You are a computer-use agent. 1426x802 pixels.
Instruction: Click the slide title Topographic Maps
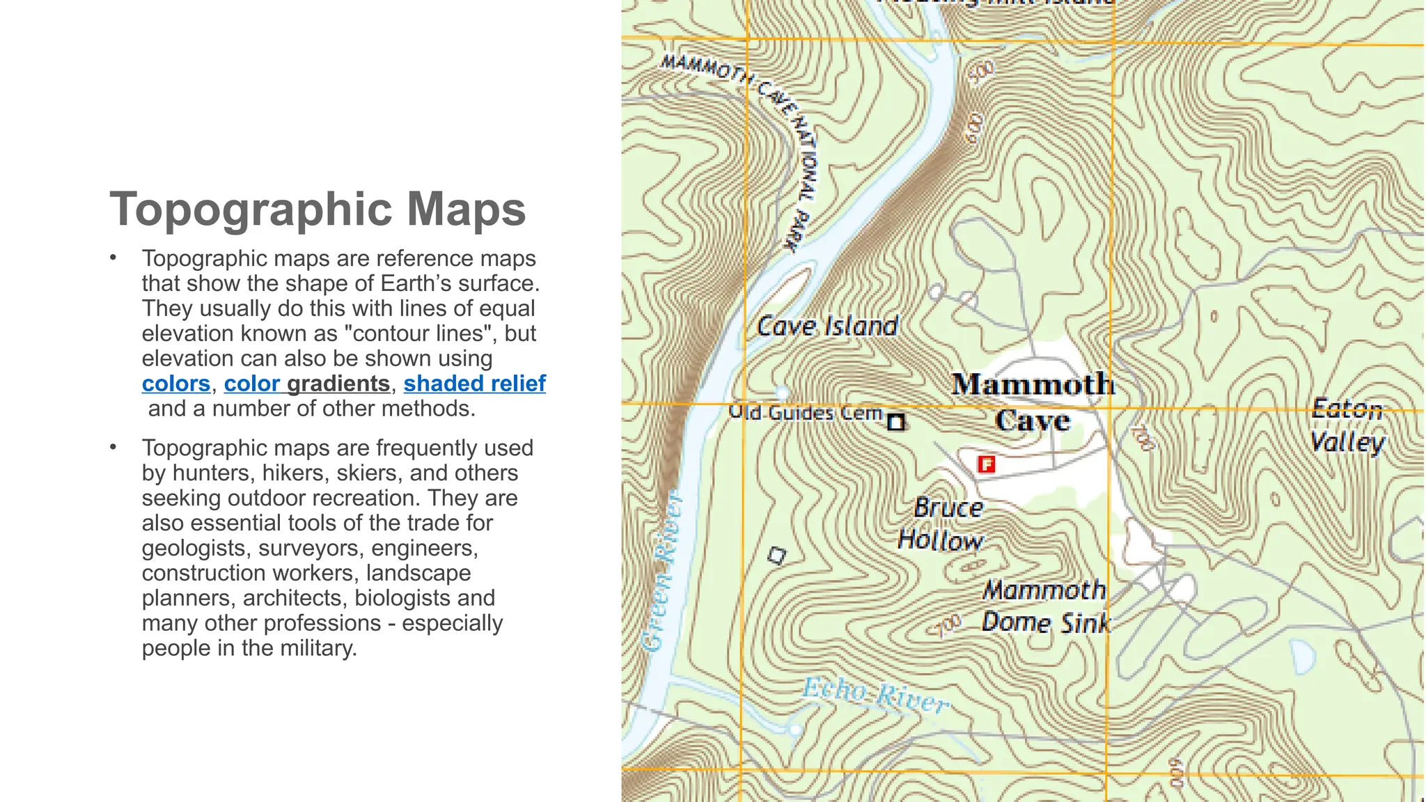coord(318,209)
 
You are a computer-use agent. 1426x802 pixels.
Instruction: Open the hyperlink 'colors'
coord(175,384)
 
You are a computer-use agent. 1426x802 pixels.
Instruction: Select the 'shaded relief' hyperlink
coord(474,384)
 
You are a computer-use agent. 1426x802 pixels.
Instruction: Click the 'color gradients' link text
coord(306,384)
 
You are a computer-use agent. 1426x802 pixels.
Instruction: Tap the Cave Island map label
coord(827,326)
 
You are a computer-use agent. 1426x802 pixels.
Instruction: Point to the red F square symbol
coord(986,464)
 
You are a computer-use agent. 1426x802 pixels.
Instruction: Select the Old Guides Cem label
coord(805,412)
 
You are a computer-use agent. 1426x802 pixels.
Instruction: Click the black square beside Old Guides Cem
coord(896,422)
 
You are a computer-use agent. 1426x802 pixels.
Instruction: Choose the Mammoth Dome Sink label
coord(1044,606)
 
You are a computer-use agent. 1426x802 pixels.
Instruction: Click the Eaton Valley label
coord(1348,426)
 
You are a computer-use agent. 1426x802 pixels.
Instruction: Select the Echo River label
coord(875,695)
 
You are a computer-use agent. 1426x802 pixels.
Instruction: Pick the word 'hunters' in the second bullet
coord(213,473)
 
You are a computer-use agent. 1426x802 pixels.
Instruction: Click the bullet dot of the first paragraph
coord(113,258)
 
